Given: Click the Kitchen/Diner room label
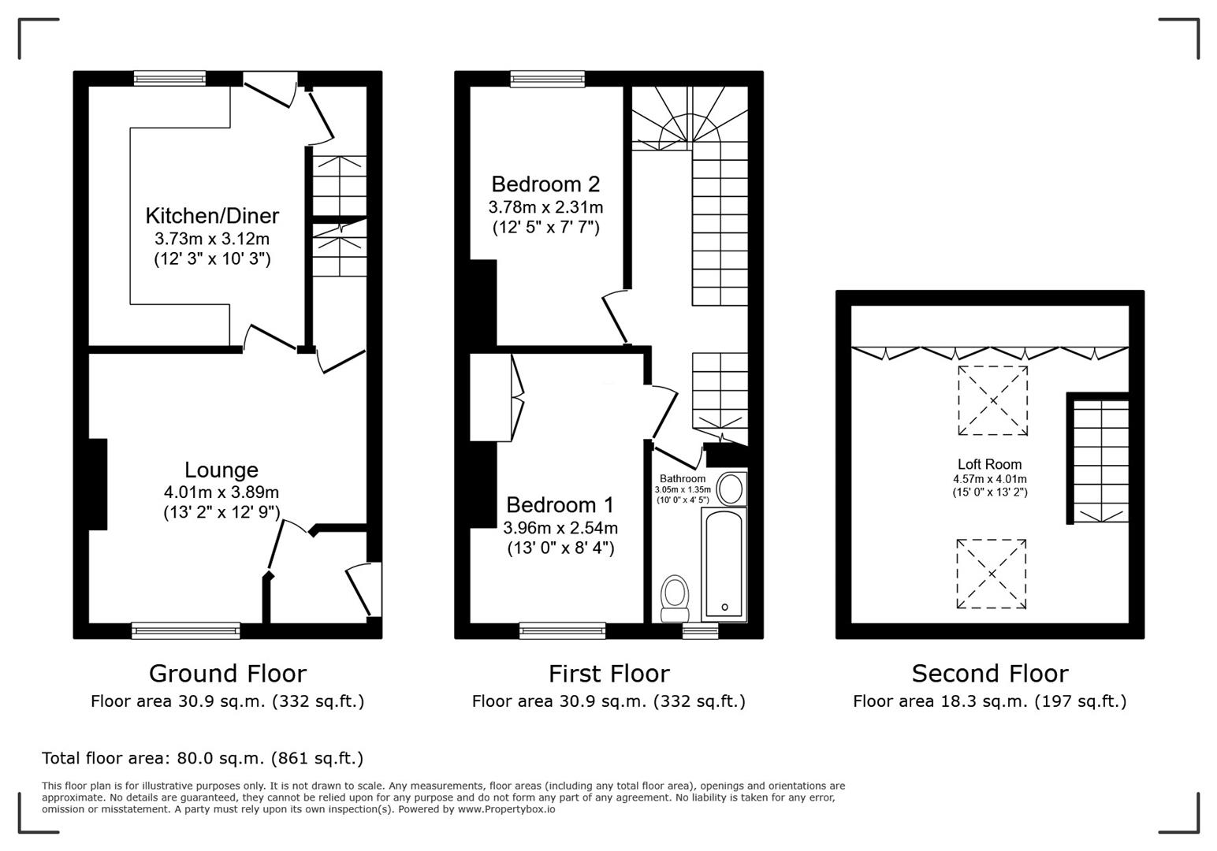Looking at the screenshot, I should (x=212, y=215).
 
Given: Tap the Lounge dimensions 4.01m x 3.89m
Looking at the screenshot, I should (x=221, y=492).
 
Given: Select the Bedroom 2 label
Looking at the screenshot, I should (x=545, y=184).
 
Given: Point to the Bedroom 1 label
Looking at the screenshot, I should (x=560, y=504).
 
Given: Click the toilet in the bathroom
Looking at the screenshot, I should (x=675, y=598).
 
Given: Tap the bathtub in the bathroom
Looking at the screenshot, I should (x=724, y=564).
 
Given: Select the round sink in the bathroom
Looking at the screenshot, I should (x=730, y=488).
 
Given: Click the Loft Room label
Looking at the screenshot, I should (x=989, y=464).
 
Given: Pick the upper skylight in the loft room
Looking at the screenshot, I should (x=992, y=400).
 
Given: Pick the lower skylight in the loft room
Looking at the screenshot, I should (x=992, y=574).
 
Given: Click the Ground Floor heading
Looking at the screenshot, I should (x=227, y=673).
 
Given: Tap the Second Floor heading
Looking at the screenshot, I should (x=989, y=673).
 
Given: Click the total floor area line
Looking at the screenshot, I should (x=203, y=758).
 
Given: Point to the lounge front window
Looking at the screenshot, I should (x=186, y=630).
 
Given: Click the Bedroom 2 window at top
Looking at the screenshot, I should (x=548, y=78).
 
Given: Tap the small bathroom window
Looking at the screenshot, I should (x=700, y=630).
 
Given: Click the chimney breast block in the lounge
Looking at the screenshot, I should (x=98, y=484).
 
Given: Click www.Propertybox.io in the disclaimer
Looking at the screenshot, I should (x=506, y=808).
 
